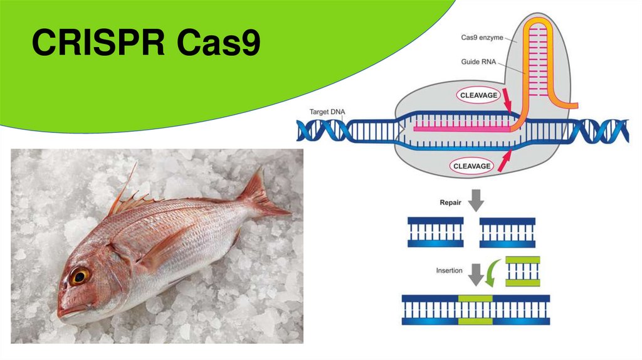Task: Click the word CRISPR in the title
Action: (x=97, y=44)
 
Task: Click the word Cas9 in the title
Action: (x=218, y=44)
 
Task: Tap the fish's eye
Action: (x=80, y=275)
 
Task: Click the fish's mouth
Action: (x=62, y=311)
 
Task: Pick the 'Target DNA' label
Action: (x=327, y=112)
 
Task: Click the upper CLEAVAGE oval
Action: (x=479, y=96)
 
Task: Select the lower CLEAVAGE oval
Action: (x=471, y=166)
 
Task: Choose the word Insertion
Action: (x=450, y=270)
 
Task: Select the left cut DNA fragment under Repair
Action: (x=435, y=232)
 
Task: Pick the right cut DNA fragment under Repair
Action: (x=507, y=232)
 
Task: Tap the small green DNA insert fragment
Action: (x=522, y=270)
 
